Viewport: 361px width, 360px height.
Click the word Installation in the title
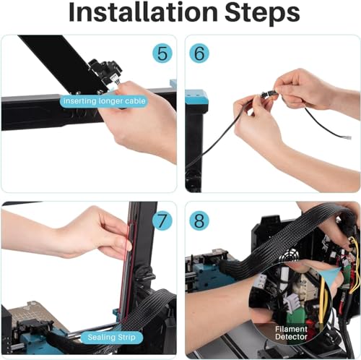click(x=143, y=12)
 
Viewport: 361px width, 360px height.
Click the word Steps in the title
click(x=262, y=14)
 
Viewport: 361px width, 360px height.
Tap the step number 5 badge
click(x=162, y=53)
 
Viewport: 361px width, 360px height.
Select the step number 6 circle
click(x=199, y=53)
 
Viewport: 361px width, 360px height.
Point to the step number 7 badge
click(x=162, y=220)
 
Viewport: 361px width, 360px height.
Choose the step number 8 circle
click(x=199, y=220)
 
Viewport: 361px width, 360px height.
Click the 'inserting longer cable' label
click(x=104, y=100)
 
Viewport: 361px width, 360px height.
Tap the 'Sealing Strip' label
click(x=111, y=337)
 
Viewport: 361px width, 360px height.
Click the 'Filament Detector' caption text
click(x=291, y=333)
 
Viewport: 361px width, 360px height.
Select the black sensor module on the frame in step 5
click(x=105, y=70)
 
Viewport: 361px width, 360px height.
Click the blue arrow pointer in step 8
click(x=331, y=275)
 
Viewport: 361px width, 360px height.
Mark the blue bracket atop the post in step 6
click(x=196, y=98)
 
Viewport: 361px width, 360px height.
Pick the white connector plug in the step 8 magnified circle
click(x=292, y=304)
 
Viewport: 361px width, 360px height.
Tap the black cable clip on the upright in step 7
click(x=144, y=277)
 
